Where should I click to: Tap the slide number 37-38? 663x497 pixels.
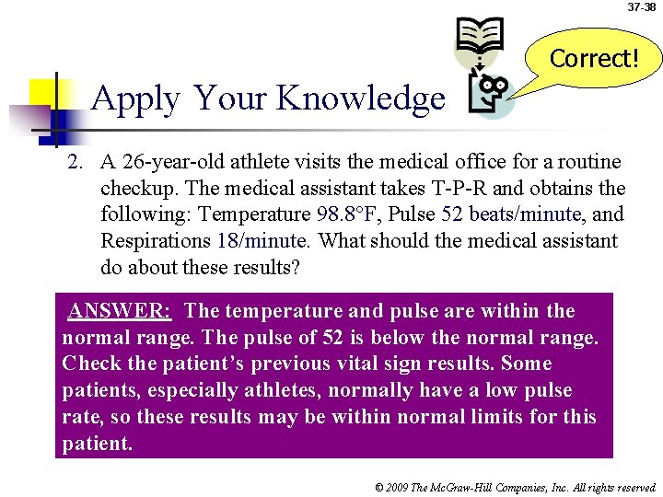(642, 7)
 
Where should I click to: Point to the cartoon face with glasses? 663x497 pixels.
(492, 92)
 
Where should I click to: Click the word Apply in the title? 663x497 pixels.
(135, 98)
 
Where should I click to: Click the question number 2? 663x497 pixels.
(76, 163)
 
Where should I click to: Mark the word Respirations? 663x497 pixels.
(156, 240)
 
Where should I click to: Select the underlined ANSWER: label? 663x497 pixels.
(119, 311)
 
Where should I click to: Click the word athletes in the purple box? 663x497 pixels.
(251, 390)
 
